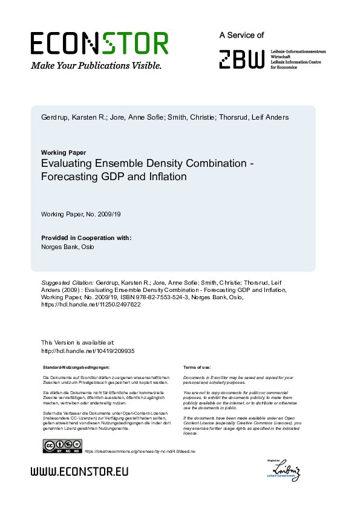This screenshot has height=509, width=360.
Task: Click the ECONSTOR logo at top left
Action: pos(99,44)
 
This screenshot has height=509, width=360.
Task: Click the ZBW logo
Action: pos(242,59)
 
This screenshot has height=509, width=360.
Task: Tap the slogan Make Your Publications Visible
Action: pos(96,65)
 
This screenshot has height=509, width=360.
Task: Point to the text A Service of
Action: pos(241,36)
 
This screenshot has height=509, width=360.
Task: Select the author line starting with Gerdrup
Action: pos(155,117)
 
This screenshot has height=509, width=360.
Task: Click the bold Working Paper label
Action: pos(63,152)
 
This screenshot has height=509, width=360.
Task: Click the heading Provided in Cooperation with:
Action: pos(86,238)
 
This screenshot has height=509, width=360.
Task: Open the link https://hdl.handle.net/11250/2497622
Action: pos(90,305)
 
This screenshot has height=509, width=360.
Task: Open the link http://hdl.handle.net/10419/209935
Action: pos(87,351)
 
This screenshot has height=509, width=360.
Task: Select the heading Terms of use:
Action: pos(197,368)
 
